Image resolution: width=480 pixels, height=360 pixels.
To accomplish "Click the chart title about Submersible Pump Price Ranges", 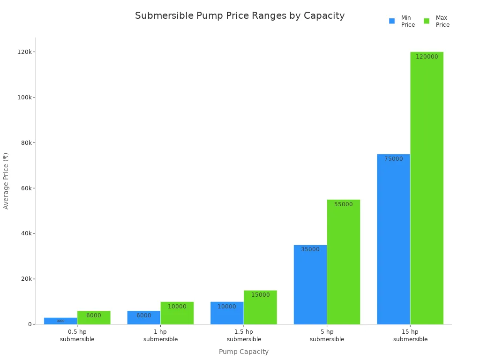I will coord(240,15).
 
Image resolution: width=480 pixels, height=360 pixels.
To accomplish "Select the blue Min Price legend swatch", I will coord(392,21).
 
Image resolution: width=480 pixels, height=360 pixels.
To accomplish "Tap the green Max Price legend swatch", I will coord(427,21).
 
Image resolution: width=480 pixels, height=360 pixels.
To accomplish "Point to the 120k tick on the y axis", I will coord(24,52).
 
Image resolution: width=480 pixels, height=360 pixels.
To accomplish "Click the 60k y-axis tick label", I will coord(24,188).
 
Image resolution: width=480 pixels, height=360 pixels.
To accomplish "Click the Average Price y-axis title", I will coord(6,180).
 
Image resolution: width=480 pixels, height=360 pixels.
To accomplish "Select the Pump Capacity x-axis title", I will coord(244,352).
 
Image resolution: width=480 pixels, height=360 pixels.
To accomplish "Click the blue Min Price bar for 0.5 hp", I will coord(60,321).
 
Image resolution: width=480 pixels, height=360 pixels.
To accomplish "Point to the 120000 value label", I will coord(427,57).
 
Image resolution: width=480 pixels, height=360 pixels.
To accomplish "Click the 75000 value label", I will coord(393,159).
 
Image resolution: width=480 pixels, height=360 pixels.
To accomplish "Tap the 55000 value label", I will coord(344,204).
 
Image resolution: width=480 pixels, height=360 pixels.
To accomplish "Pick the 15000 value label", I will coord(260,295).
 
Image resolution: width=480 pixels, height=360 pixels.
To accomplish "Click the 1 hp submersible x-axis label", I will coord(160,336).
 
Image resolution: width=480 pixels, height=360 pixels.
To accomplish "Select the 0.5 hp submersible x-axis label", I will coord(77,336).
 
